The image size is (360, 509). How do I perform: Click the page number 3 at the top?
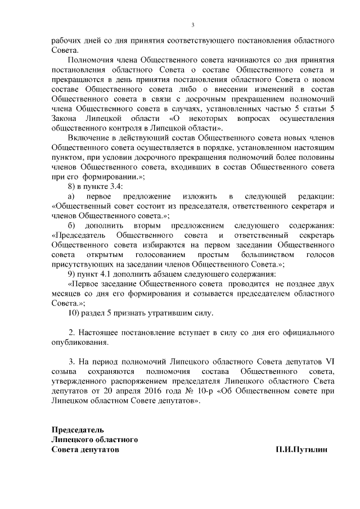click(192, 25)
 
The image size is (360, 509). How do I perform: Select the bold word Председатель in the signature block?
click(77, 430)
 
